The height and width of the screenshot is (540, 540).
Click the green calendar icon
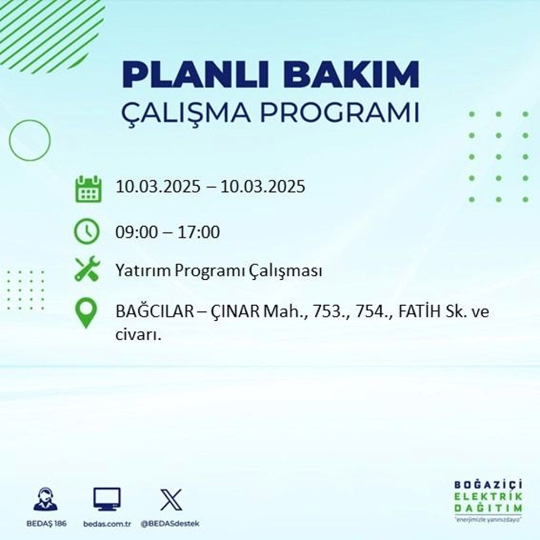87,188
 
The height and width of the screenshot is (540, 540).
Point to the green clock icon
87,233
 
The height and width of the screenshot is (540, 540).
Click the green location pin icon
87,314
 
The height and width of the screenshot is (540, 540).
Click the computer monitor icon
106,500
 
